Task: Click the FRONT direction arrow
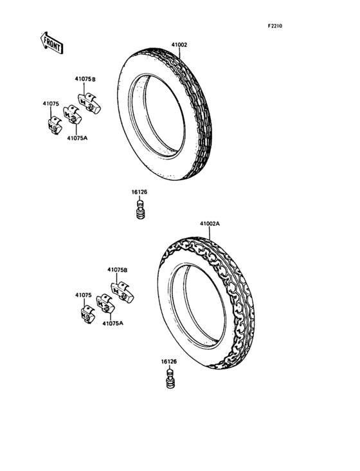tap(51, 43)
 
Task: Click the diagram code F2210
tap(275, 26)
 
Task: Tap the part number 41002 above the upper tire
tap(179, 45)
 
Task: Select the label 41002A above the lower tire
tap(210, 224)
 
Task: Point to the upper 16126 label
tap(139, 192)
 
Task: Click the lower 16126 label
tap(169, 362)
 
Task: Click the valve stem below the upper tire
tap(140, 209)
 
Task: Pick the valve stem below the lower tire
tap(170, 378)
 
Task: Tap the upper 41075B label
tap(85, 79)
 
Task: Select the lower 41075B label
tap(117, 270)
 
